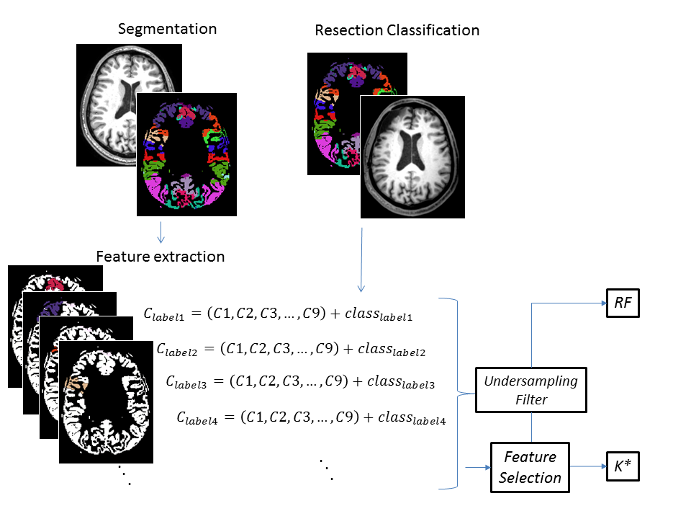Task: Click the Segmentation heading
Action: [x=167, y=30]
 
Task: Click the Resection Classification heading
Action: [x=397, y=30]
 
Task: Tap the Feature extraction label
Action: [x=161, y=257]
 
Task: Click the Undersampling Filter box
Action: [x=531, y=390]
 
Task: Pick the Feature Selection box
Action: [x=530, y=467]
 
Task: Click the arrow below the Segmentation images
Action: [x=161, y=231]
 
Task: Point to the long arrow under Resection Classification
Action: [x=361, y=259]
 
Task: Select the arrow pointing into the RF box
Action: [x=569, y=303]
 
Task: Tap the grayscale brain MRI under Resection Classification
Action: [x=412, y=157]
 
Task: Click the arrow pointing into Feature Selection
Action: [x=477, y=467]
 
